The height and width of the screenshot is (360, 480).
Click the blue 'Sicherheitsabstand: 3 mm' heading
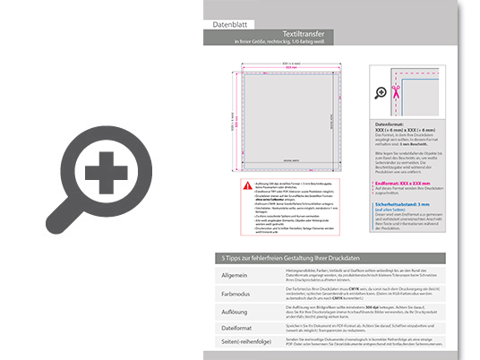point(407,202)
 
